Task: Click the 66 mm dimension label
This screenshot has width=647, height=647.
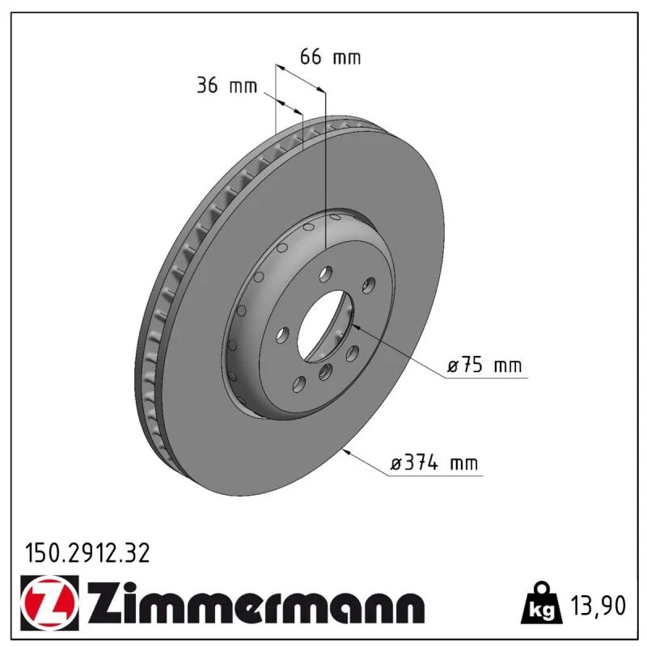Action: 330,57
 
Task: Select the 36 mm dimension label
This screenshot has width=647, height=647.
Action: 226,86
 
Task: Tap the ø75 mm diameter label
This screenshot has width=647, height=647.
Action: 484,366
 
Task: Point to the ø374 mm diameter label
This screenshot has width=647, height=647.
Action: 434,463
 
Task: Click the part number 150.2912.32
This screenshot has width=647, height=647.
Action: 87,553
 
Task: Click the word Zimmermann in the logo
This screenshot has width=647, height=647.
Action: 256,603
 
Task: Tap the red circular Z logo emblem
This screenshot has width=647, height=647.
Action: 49,603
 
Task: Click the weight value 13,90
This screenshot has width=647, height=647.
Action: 598,606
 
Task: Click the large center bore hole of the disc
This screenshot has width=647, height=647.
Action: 325,327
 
